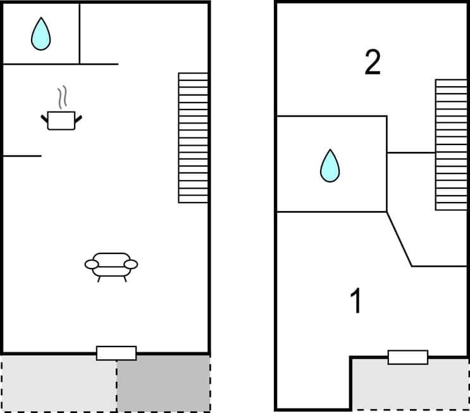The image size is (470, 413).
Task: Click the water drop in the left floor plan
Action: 40,34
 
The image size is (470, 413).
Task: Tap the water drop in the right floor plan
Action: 330,166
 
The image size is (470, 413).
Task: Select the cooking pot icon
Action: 61,120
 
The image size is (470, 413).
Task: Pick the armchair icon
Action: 111,265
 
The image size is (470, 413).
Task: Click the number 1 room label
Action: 357,301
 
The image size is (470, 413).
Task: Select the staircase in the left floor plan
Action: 193,137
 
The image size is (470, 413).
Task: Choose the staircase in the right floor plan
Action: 451,144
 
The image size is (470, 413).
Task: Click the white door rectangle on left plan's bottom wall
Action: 116,353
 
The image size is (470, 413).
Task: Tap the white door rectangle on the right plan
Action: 408,357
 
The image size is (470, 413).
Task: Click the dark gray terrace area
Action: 163,383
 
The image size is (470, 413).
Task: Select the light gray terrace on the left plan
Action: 59,383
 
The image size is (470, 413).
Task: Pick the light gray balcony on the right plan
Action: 410,385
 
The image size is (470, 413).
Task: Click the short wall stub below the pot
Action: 22,156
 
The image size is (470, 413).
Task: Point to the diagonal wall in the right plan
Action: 399,239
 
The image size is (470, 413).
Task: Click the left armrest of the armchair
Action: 92,264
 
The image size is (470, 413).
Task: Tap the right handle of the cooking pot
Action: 79,118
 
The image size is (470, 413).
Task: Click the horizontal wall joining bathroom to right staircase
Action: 411,153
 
